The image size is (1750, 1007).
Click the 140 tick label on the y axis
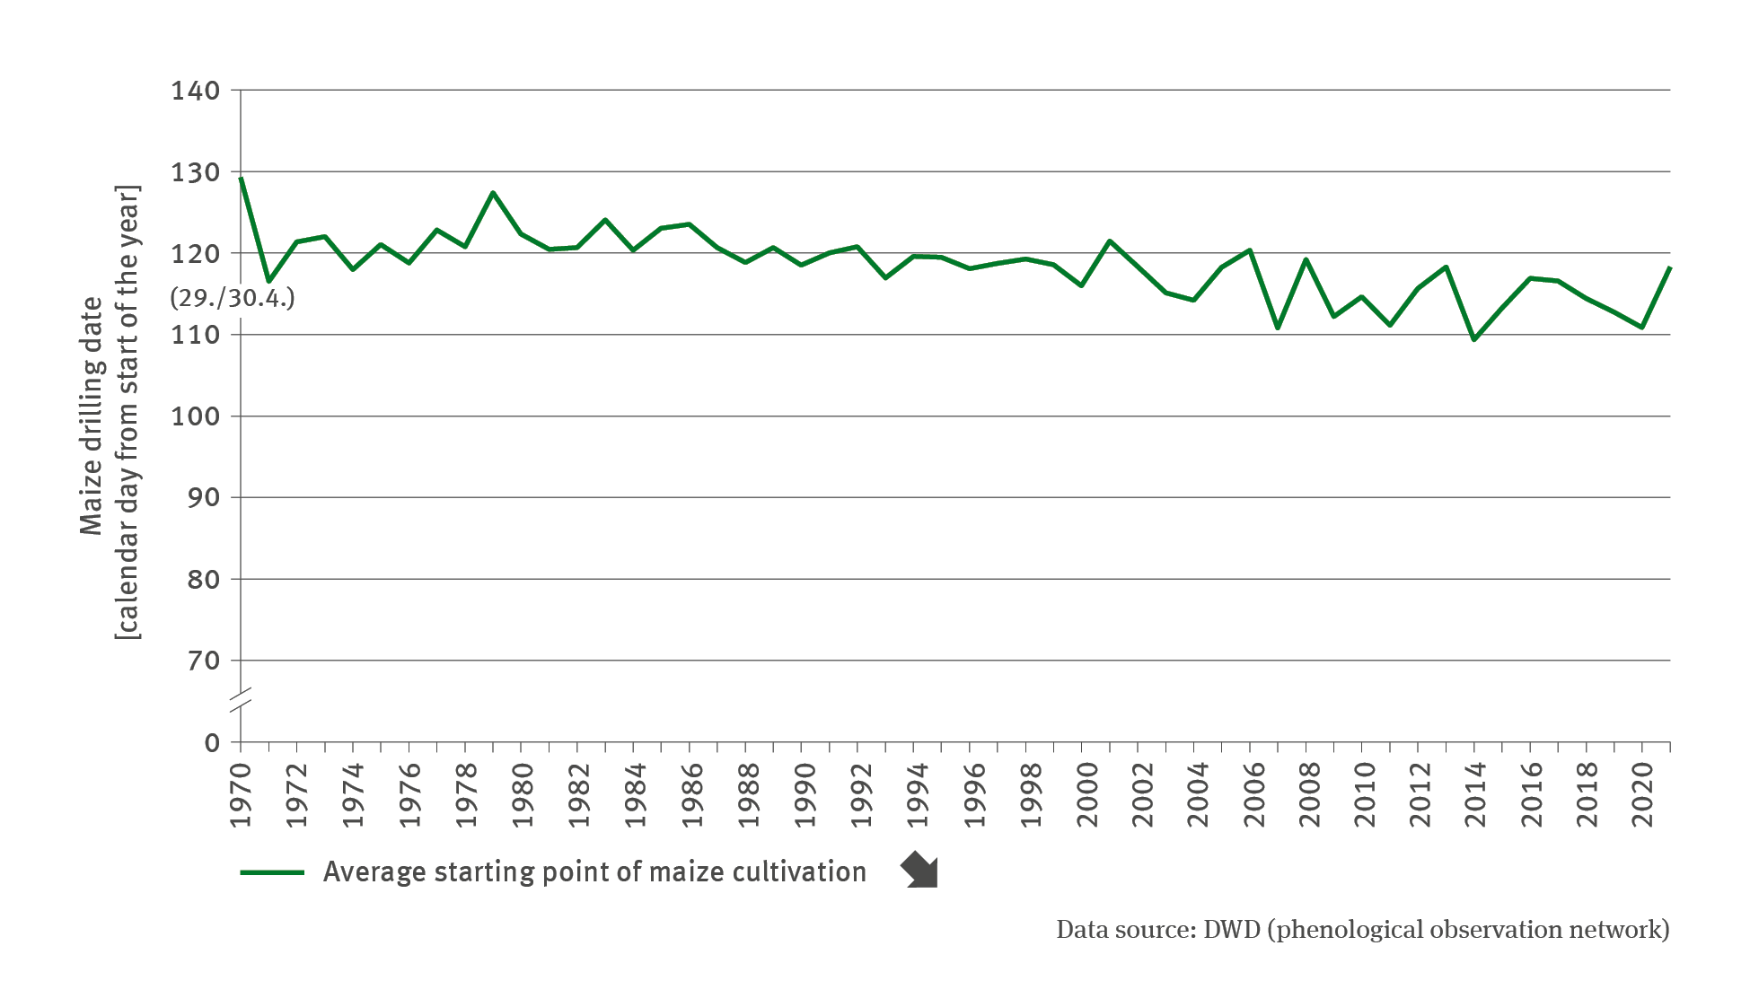[x=196, y=91]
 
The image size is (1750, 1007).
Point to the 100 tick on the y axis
[x=196, y=416]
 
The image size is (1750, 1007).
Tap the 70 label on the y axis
[x=204, y=661]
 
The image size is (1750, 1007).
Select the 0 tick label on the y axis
[x=212, y=743]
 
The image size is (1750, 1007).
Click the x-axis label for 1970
[x=241, y=795]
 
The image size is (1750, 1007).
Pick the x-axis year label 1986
[x=690, y=795]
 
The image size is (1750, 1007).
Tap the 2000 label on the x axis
[x=1082, y=795]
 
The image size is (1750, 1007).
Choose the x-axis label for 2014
[x=1474, y=795]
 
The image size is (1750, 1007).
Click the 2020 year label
[x=1642, y=795]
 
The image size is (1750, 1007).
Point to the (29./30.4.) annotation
[x=232, y=298]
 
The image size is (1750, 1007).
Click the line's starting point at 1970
[x=242, y=179]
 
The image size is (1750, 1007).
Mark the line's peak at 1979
[x=493, y=192]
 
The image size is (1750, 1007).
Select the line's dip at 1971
[x=268, y=282]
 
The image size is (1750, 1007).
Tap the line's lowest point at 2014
[x=1474, y=339]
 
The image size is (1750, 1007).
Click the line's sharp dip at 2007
[x=1278, y=328]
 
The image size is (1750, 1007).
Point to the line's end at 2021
[x=1669, y=268]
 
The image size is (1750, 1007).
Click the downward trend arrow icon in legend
[x=920, y=871]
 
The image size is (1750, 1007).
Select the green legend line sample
[x=272, y=872]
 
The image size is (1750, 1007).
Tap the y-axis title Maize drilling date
[x=92, y=416]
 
